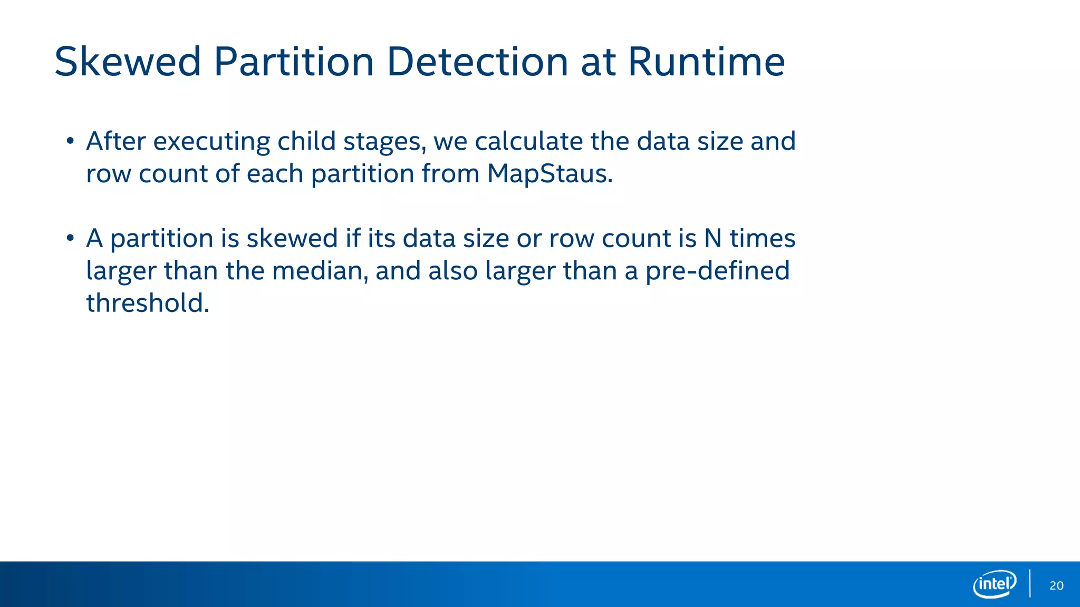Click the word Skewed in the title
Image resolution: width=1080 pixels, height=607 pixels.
click(128, 62)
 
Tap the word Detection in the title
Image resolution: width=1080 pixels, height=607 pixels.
click(477, 62)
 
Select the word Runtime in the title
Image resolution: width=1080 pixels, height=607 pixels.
click(706, 62)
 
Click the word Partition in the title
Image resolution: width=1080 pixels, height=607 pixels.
click(294, 62)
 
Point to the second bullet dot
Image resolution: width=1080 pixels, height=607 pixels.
click(70, 238)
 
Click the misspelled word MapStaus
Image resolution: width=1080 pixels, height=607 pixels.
click(549, 174)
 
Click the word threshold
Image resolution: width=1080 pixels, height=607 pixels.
click(148, 303)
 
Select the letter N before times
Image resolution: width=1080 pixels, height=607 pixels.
click(712, 238)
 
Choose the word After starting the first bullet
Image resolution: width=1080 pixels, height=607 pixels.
click(116, 141)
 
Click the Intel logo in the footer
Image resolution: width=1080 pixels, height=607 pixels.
click(994, 584)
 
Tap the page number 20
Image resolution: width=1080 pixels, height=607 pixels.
click(1056, 585)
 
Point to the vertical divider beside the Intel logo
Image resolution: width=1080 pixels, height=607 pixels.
click(1030, 583)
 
